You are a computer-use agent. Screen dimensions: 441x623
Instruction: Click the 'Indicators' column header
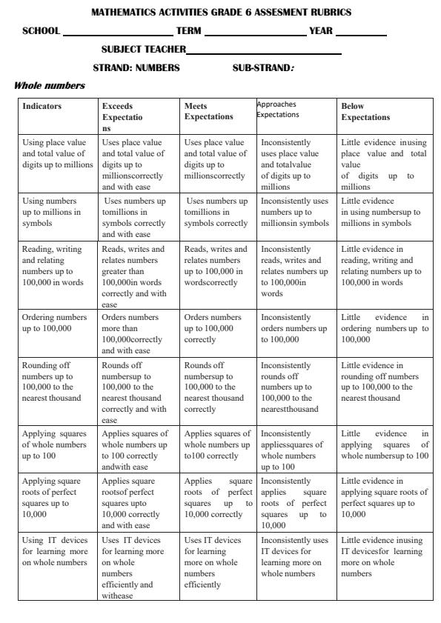coord(42,106)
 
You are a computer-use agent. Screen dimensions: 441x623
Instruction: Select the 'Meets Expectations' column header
coord(208,111)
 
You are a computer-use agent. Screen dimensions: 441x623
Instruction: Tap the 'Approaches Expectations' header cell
coord(278,110)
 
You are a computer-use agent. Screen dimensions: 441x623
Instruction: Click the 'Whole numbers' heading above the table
coord(50,86)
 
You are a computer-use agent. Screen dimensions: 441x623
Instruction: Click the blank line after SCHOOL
coord(118,35)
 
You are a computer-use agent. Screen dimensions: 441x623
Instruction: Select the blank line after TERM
coord(255,35)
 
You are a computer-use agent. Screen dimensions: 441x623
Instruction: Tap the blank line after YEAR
coord(361,35)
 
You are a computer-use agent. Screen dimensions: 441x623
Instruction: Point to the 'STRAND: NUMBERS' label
coord(136,67)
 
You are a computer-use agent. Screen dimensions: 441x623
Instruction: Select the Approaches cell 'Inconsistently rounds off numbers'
coord(294,387)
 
